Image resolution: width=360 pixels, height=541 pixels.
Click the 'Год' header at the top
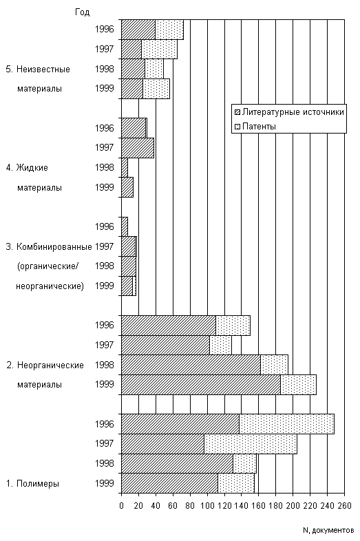[82, 12]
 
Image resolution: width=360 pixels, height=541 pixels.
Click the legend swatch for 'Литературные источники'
[237, 112]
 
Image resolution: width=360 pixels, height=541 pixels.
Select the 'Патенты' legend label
[259, 127]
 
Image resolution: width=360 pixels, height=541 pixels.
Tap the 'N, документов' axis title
[328, 530]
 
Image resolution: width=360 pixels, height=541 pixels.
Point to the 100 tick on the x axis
[207, 506]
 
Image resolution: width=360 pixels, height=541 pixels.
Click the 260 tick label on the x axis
[344, 506]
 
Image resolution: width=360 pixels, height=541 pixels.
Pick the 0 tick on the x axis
[122, 506]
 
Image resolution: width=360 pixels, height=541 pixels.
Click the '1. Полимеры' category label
[33, 483]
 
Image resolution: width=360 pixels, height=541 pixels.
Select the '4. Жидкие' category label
[27, 168]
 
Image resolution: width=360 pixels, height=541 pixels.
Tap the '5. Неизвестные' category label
[38, 70]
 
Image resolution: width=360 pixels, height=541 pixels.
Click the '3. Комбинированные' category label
[49, 246]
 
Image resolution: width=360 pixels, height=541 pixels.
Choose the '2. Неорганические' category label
[45, 365]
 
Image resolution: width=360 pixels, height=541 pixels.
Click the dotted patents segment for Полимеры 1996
[286, 424]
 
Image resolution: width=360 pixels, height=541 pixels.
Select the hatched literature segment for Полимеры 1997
[163, 444]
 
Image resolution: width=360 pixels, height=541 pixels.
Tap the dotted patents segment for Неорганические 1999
[298, 384]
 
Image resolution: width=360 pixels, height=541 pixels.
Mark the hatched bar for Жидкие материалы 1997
[138, 148]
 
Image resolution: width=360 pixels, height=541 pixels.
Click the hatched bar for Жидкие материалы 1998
[125, 168]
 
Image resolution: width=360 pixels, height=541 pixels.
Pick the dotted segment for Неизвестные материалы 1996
[169, 30]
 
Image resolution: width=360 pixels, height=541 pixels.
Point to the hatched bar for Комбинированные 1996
[125, 226]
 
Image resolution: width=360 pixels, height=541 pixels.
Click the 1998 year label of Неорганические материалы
[105, 365]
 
